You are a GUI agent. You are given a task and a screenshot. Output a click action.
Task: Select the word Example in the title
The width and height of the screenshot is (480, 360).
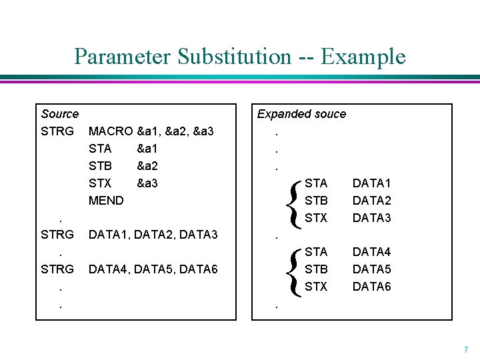point(363,56)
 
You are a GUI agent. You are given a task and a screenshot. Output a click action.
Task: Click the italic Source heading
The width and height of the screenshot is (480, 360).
point(59,114)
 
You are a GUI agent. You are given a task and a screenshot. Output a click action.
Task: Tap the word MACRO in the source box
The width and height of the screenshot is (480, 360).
point(111,131)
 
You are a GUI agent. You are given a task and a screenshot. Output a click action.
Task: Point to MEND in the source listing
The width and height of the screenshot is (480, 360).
point(106,200)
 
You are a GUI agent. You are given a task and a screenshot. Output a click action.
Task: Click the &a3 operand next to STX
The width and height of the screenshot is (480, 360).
point(147,183)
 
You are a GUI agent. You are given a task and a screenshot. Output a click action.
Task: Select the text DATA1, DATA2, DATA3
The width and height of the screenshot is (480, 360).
point(153,235)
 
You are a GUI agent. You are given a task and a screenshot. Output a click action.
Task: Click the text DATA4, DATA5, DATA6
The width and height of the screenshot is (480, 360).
point(153,269)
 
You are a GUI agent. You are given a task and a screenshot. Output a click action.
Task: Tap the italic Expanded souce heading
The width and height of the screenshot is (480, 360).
point(301,114)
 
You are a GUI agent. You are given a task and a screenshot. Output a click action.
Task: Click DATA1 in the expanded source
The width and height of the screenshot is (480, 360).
point(371,183)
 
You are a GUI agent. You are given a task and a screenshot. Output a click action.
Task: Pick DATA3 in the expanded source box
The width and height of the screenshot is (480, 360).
point(371,217)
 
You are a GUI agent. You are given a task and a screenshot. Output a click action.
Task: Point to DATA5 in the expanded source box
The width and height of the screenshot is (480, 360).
point(371,269)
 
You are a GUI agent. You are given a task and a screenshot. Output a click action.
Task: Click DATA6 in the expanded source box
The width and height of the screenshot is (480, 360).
point(371,287)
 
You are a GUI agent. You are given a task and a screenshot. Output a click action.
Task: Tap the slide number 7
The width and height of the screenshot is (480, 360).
point(466,349)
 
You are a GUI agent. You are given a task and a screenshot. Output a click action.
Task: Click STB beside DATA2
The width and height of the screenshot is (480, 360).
point(316,200)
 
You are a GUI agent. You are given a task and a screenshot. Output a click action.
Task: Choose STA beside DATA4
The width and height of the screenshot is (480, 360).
point(316,252)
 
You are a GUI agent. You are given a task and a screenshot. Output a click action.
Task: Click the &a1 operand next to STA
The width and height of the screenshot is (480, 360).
point(147,148)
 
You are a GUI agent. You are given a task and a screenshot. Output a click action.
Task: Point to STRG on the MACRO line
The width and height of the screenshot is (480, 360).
point(57,131)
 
